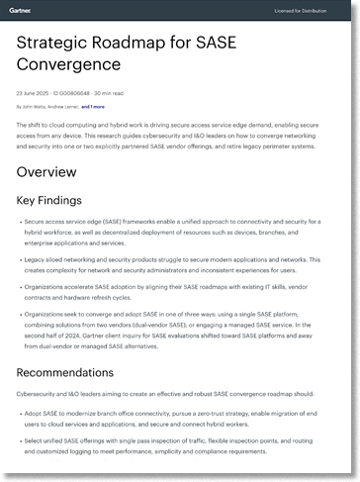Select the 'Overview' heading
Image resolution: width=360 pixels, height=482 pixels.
click(49, 171)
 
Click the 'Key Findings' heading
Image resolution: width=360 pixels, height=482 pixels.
click(50, 200)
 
